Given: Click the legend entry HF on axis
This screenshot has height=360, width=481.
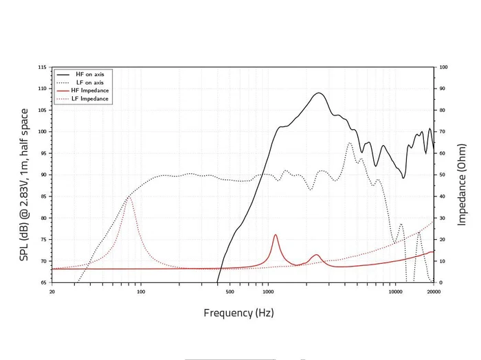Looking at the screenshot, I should tap(89, 74).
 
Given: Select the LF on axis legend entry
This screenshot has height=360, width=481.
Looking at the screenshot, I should tap(89, 82).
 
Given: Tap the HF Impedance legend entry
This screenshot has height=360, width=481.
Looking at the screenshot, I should tap(89, 91).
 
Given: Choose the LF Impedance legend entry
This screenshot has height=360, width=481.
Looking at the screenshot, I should tap(89, 99).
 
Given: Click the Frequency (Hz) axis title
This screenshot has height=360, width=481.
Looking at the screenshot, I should tap(238, 313).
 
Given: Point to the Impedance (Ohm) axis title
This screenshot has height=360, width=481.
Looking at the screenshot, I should tap(462, 175).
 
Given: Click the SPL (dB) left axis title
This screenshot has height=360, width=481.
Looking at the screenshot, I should tap(24, 175).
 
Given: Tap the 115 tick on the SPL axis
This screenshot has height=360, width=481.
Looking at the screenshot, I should tap(43, 67).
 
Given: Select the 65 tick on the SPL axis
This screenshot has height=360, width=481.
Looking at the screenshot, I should tap(44, 282).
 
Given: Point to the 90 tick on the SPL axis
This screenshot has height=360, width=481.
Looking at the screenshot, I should tap(44, 175).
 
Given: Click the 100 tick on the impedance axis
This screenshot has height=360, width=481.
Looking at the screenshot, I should tap(443, 67).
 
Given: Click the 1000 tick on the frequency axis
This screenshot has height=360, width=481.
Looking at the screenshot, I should tap(267, 291).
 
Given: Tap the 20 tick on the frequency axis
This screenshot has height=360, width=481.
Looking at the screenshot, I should tap(52, 291).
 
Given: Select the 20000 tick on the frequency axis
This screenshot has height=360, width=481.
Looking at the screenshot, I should tap(433, 291).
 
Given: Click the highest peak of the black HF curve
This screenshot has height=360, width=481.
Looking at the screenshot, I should tap(319, 93).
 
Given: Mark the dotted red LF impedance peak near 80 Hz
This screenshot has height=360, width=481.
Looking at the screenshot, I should tap(129, 198).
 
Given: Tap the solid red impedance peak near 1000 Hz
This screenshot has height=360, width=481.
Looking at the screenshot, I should tap(276, 235).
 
